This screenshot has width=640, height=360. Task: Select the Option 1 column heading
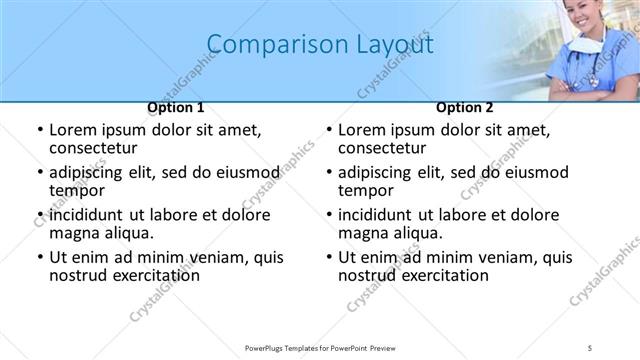tap(176, 107)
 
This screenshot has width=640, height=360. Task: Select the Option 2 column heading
tap(465, 107)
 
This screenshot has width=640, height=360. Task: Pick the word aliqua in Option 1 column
tap(128, 233)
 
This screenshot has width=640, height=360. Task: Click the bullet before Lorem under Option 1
tap(39, 130)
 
